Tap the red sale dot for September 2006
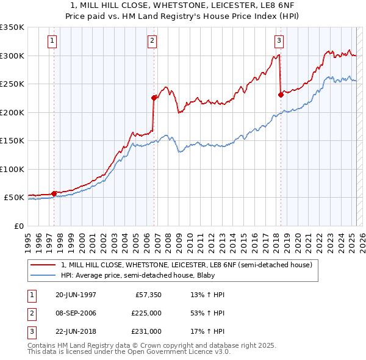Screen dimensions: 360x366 click(154, 97)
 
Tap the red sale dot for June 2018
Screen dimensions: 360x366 click(281, 94)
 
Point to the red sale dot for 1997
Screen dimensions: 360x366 click(54, 193)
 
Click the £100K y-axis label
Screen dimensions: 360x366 click(12, 169)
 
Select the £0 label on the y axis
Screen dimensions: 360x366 click(18, 226)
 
